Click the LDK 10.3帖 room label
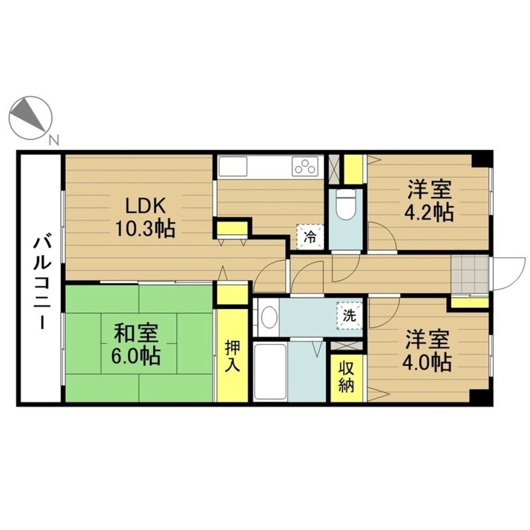(x=145, y=217)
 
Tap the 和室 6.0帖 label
(x=136, y=344)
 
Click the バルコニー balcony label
(x=41, y=283)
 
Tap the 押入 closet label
(x=233, y=356)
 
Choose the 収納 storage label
(x=347, y=377)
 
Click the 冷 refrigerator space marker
(x=310, y=237)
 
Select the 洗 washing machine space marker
(x=349, y=316)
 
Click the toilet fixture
(x=346, y=204)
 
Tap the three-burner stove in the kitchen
(x=305, y=166)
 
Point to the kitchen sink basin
(x=233, y=166)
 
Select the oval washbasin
(x=269, y=317)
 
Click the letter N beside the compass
(x=54, y=139)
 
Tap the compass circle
(x=31, y=118)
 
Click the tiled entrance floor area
(x=470, y=275)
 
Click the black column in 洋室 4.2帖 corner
(x=481, y=160)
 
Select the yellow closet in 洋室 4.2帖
(x=353, y=169)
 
